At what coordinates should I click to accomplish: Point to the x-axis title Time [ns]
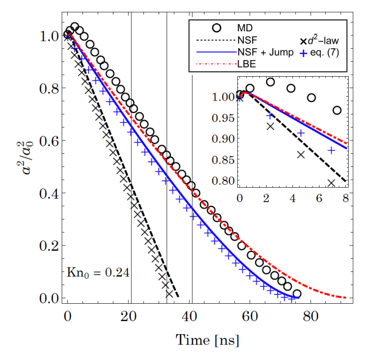(x=207, y=341)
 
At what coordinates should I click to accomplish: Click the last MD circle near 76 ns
(x=297, y=294)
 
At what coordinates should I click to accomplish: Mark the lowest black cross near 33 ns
(x=169, y=294)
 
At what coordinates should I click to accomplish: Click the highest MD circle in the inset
(x=271, y=82)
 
